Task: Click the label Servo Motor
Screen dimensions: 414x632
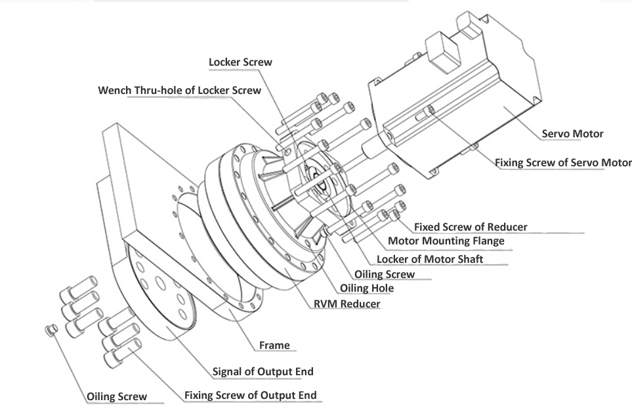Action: click(572, 134)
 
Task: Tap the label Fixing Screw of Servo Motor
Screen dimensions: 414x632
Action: click(562, 162)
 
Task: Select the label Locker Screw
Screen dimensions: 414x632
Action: click(240, 62)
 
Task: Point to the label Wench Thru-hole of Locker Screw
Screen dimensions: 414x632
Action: click(179, 90)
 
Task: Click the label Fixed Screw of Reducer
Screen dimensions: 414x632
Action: click(471, 227)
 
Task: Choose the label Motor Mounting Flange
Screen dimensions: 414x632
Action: click(446, 241)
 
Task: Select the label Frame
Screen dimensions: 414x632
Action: click(274, 344)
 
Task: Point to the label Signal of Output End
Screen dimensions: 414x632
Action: click(263, 371)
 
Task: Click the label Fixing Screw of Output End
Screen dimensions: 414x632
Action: click(251, 395)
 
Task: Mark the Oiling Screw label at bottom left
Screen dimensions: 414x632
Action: click(117, 396)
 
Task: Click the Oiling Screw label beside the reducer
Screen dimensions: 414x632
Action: click(385, 274)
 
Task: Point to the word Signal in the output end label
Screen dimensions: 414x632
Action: click(227, 371)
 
